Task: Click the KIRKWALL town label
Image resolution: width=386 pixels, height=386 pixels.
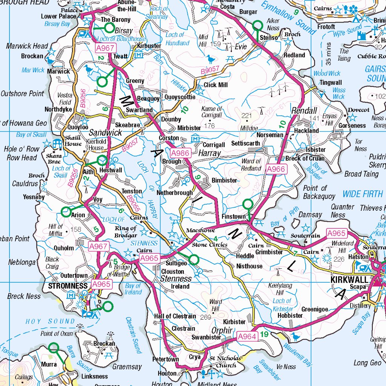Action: pos(349,279)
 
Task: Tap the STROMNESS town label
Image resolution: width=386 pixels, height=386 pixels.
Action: pos(68,286)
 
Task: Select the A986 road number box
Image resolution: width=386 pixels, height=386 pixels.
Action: pos(179,153)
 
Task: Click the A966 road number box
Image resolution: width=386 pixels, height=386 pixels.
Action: pos(276,170)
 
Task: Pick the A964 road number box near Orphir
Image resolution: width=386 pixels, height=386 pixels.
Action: pos(247,336)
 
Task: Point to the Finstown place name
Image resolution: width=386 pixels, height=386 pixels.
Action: pos(234,217)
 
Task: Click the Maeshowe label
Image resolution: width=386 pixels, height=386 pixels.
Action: pos(200,230)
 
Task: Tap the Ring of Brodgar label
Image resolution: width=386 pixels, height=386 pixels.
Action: pos(126,232)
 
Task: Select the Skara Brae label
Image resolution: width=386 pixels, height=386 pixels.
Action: pos(54,159)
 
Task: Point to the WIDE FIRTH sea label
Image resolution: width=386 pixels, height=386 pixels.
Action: pos(362,195)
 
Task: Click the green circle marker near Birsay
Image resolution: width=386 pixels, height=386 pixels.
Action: pos(109,28)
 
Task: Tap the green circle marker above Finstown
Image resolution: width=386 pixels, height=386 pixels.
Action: pos(247,204)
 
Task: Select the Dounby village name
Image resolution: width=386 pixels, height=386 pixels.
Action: pos(171,119)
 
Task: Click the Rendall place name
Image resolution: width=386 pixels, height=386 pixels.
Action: pos(304,111)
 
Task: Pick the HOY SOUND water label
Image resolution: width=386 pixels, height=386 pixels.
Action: pos(51,321)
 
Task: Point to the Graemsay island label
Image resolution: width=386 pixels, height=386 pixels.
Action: pos(127,366)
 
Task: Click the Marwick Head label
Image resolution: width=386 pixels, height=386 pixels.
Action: pos(27,46)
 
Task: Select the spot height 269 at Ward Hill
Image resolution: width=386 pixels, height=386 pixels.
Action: pos(206,317)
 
